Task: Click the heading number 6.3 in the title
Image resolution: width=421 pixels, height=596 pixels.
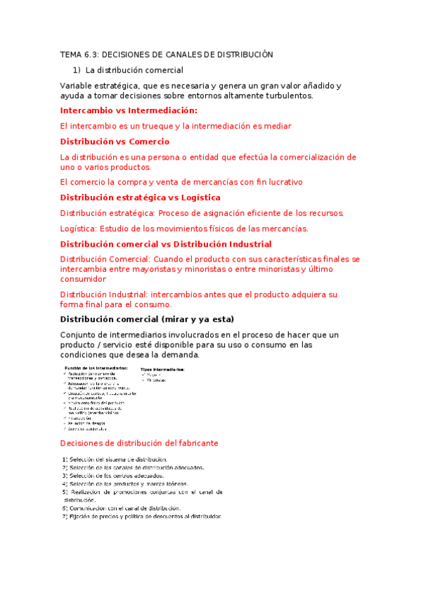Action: tap(93, 54)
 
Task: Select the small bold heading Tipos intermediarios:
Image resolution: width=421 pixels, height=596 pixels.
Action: tap(162, 369)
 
